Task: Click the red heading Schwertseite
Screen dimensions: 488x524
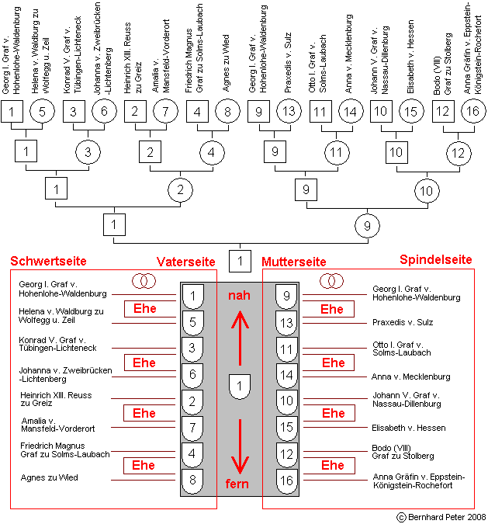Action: [x=48, y=261]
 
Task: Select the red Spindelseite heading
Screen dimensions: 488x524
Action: [x=436, y=259]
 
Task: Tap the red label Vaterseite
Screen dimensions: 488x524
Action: [x=186, y=262]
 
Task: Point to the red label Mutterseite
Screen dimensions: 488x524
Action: [x=294, y=262]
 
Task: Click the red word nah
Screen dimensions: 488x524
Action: [x=239, y=296]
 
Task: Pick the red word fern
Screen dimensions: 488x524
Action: [x=237, y=484]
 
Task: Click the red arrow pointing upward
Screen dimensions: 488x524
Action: [x=240, y=338]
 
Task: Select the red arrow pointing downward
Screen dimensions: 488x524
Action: [x=240, y=446]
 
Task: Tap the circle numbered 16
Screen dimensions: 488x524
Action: [x=473, y=111]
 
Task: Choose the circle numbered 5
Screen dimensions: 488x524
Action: [x=42, y=111]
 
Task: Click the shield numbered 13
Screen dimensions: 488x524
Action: [x=286, y=323]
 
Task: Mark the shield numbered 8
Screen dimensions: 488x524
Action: [x=192, y=481]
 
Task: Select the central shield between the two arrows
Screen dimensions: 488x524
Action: [x=240, y=387]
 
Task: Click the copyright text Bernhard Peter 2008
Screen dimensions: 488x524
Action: [x=441, y=517]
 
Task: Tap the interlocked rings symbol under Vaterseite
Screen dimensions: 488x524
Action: [x=144, y=281]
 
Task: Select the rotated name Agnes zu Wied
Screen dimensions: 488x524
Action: [x=226, y=63]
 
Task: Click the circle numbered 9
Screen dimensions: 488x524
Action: [x=368, y=226]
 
